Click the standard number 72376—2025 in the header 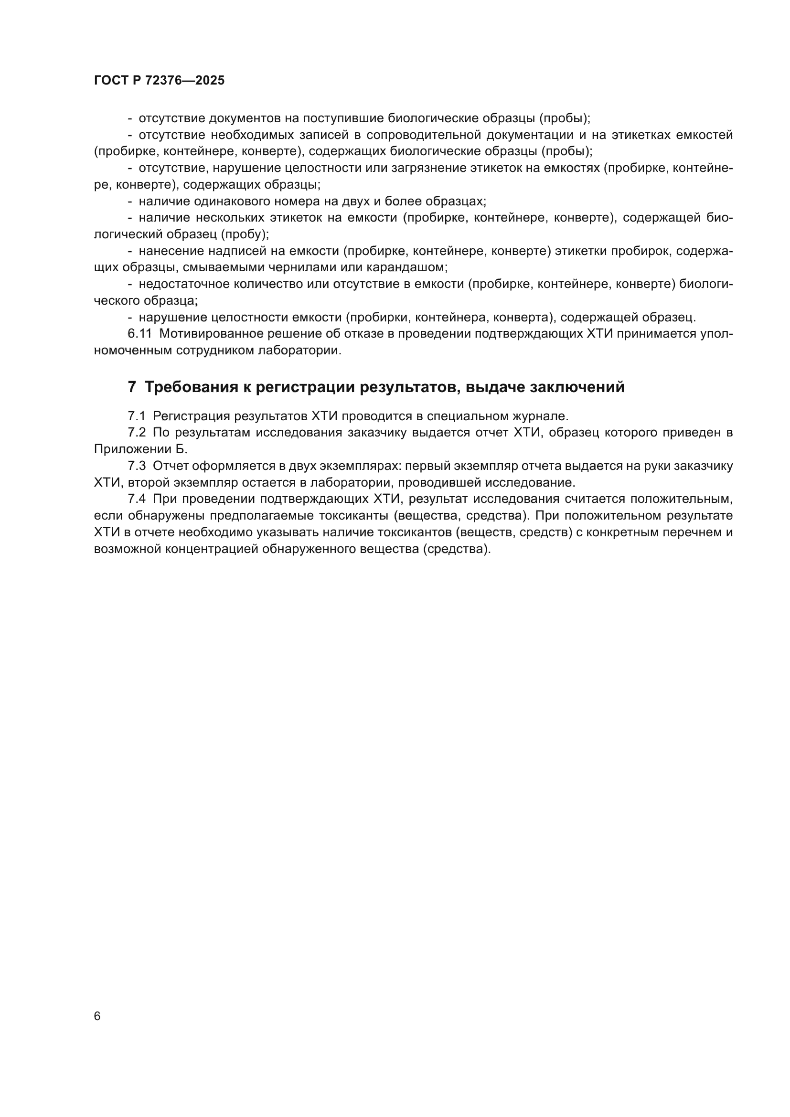pos(185,81)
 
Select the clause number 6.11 pos(139,334)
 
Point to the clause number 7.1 pos(137,416)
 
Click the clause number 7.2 pos(137,433)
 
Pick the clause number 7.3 pos(137,466)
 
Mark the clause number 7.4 pos(137,499)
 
